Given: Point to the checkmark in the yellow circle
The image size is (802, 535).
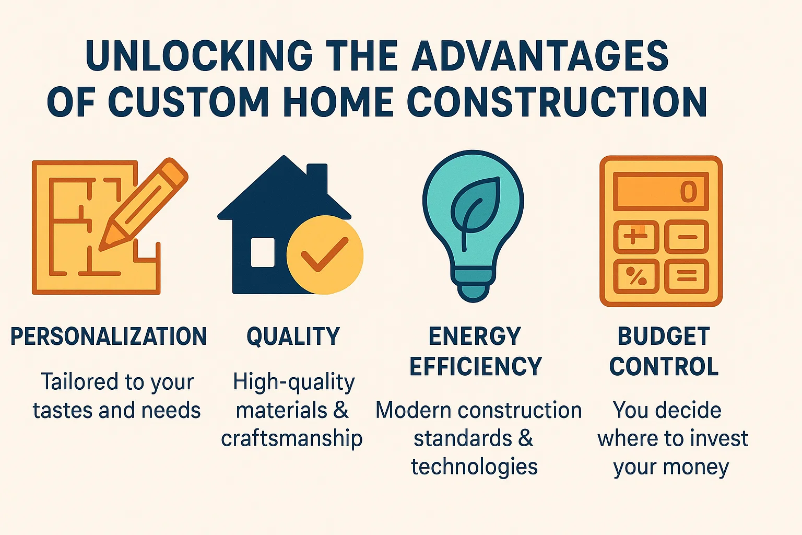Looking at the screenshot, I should [324, 254].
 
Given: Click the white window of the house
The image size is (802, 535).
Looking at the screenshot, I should [263, 252].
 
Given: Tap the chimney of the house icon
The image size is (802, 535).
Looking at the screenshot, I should [317, 178].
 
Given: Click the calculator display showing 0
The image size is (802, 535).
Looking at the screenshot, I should [661, 191].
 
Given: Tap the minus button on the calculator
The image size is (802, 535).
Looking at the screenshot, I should [687, 237].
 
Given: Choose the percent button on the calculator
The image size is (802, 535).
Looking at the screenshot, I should [635, 276].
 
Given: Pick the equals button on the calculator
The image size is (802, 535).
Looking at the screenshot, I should [687, 276].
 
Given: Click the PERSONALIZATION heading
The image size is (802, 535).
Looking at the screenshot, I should [109, 336].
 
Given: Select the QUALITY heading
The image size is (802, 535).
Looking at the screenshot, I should [293, 336].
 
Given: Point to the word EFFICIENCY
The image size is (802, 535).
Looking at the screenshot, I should [476, 366].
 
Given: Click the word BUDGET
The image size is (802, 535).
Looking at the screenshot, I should [664, 336].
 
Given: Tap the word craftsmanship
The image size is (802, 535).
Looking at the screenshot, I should [292, 438].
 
